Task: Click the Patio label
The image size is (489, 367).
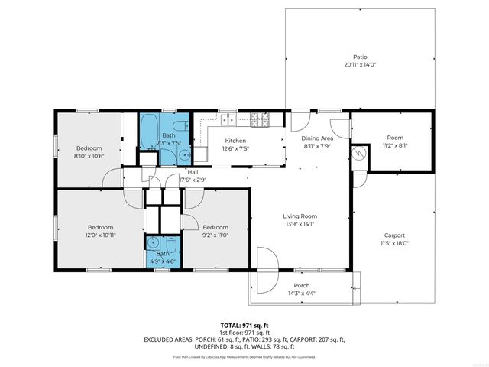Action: tap(360, 57)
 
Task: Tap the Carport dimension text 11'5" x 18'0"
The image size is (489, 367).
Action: tap(394, 243)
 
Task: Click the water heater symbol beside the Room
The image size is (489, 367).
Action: tap(358, 154)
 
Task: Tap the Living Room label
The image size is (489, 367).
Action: tap(301, 216)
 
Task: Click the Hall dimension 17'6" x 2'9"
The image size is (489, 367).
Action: tap(193, 180)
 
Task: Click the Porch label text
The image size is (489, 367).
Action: tap(302, 285)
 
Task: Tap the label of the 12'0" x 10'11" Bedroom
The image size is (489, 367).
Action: tap(100, 227)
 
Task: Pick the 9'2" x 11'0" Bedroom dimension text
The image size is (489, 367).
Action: tap(215, 235)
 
